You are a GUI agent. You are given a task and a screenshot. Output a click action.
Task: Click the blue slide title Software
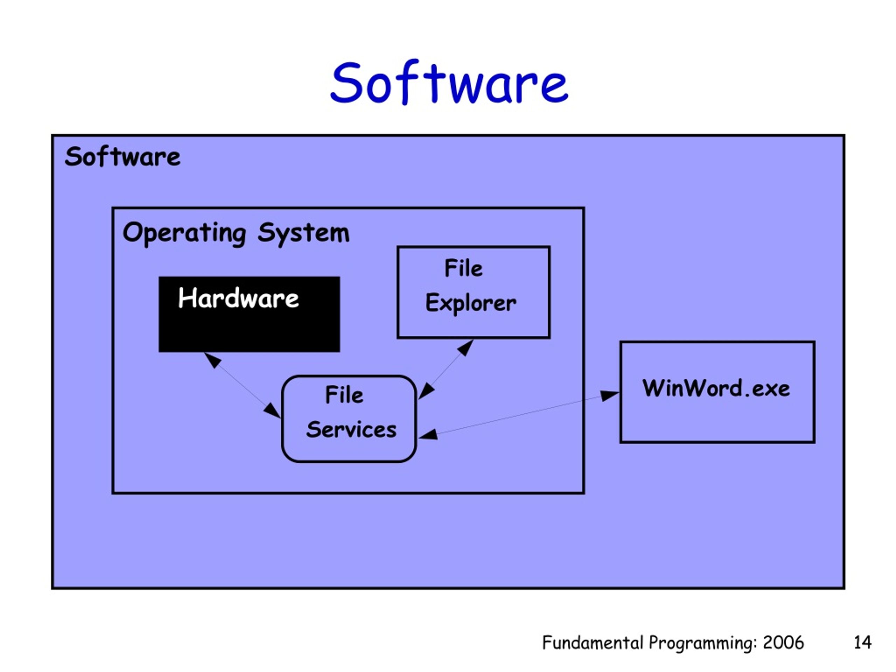click(449, 83)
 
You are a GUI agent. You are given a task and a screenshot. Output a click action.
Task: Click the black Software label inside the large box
click(122, 157)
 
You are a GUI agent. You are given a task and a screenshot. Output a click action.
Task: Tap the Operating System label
click(236, 233)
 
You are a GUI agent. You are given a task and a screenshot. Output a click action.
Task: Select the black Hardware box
click(249, 314)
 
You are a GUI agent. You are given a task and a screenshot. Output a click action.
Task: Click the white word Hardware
click(238, 298)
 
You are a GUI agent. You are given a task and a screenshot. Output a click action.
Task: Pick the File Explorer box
click(474, 292)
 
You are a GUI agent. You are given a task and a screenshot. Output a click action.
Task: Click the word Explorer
click(471, 303)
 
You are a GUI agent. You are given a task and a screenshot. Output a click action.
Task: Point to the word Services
click(351, 430)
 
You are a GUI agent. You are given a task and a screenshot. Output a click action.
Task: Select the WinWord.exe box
click(717, 392)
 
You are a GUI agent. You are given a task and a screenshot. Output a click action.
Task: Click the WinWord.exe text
click(716, 388)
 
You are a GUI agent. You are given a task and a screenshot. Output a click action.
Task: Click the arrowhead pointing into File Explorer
click(465, 348)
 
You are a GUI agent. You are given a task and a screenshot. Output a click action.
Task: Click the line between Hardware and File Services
click(242, 385)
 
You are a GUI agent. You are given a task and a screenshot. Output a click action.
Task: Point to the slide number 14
click(862, 643)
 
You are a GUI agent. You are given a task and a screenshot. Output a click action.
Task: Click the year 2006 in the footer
click(783, 643)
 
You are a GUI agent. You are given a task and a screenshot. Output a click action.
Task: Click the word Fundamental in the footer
click(593, 643)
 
